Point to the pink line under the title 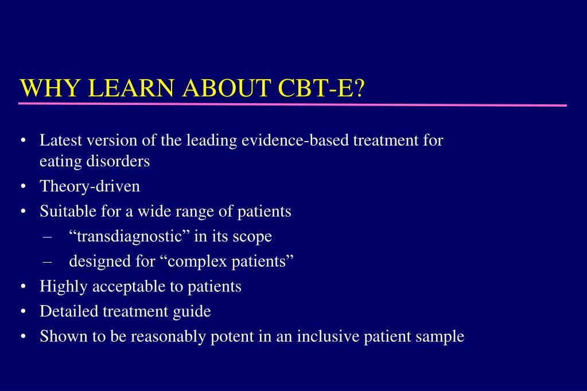pyautogui.click(x=293, y=105)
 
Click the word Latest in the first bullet pyautogui.click(x=58, y=140)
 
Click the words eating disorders pyautogui.click(x=95, y=162)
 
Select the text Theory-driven pyautogui.click(x=90, y=186)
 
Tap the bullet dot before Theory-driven pyautogui.click(x=22, y=187)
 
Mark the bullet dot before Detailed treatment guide pyautogui.click(x=22, y=312)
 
